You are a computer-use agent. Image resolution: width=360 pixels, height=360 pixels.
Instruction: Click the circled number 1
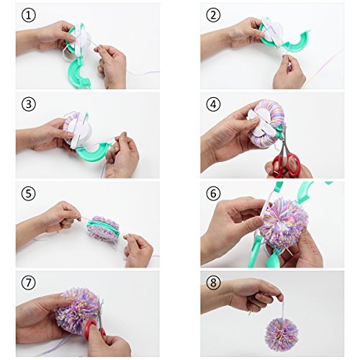pyautogui.click(x=29, y=15)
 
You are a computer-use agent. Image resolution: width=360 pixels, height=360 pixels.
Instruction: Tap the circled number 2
pyautogui.click(x=213, y=15)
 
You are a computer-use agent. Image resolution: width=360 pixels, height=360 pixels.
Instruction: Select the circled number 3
pyautogui.click(x=29, y=104)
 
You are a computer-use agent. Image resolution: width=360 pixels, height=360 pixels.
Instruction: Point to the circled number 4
pyautogui.click(x=213, y=104)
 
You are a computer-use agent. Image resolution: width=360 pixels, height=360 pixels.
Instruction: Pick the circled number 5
pyautogui.click(x=29, y=194)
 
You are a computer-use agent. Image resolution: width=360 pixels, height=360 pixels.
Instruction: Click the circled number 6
pyautogui.click(x=213, y=194)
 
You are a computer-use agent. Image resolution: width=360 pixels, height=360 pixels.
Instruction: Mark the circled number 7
pyautogui.click(x=29, y=282)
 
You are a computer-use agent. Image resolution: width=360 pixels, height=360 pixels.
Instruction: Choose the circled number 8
pyautogui.click(x=213, y=282)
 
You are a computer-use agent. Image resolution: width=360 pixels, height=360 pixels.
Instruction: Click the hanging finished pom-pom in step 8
pyautogui.click(x=282, y=335)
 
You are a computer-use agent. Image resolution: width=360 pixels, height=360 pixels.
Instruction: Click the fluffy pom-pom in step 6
pyautogui.click(x=283, y=225)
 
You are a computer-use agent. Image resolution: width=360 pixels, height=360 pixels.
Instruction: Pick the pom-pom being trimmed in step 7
pyautogui.click(x=78, y=310)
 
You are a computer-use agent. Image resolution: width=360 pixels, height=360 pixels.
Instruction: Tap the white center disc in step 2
pyautogui.click(x=274, y=32)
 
